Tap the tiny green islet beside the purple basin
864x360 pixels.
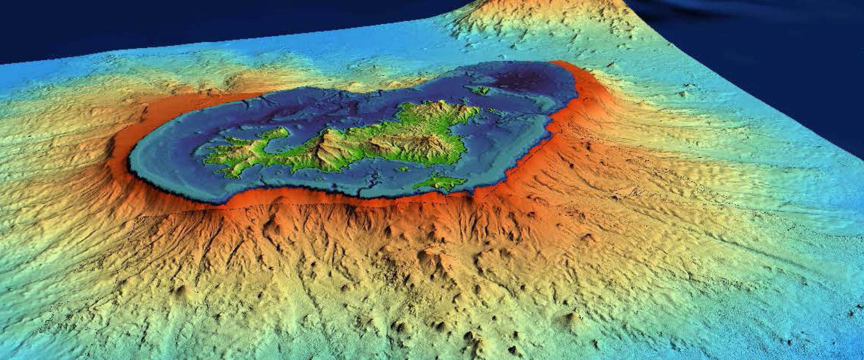[481, 90]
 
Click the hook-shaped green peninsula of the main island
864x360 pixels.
[270, 135]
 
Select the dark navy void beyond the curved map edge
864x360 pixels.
[787, 45]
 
